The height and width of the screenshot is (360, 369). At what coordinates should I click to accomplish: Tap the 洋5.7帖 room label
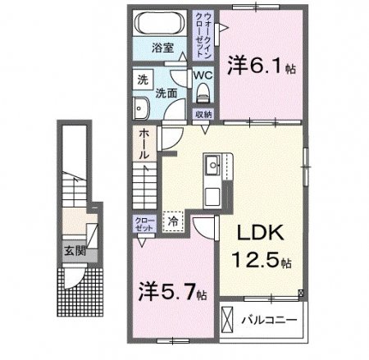click(173, 290)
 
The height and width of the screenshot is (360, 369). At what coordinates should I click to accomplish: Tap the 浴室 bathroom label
click(160, 47)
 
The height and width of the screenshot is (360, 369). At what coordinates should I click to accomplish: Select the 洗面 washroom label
click(168, 92)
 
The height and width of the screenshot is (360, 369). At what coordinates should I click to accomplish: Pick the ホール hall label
click(143, 144)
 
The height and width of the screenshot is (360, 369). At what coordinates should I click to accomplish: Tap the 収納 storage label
click(203, 114)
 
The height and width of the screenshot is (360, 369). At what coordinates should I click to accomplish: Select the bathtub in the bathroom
click(160, 21)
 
